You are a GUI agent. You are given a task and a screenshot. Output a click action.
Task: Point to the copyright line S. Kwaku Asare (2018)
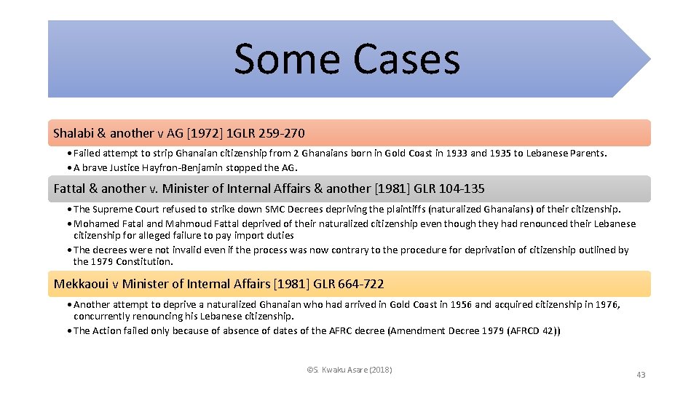(349, 370)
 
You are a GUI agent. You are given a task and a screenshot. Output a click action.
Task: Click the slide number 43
(640, 375)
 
